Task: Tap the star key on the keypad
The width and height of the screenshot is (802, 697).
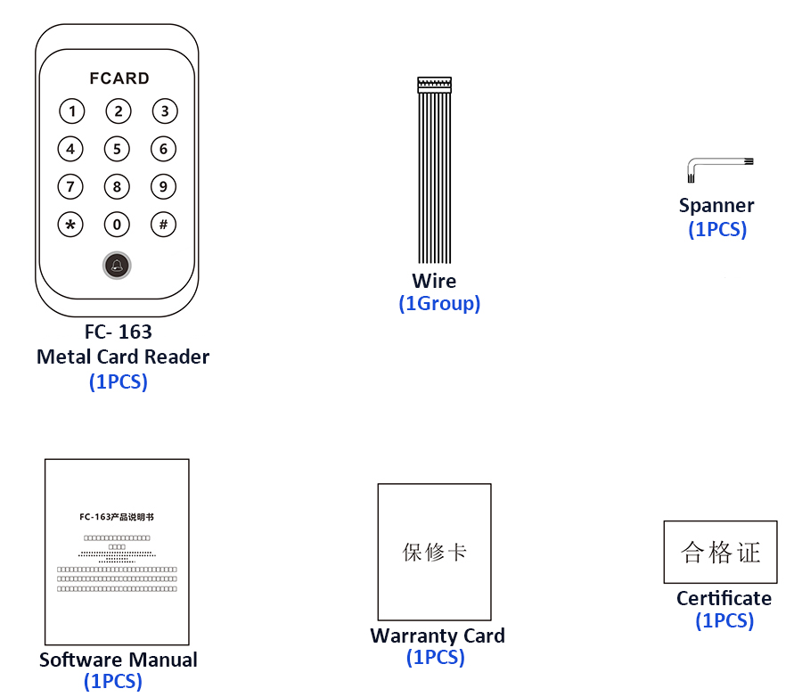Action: (x=70, y=224)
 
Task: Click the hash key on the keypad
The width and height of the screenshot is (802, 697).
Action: (x=163, y=224)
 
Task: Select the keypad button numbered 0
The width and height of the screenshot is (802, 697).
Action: (x=117, y=224)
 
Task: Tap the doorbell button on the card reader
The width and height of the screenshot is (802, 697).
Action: (x=117, y=266)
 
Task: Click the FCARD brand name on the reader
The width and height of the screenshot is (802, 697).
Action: (x=119, y=78)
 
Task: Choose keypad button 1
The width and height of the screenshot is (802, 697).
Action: (x=71, y=111)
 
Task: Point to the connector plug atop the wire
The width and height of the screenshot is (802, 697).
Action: (x=435, y=85)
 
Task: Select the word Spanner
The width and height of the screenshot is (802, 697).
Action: (x=716, y=206)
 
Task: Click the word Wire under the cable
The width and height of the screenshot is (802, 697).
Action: (x=434, y=281)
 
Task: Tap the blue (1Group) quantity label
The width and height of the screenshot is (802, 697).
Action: (x=439, y=304)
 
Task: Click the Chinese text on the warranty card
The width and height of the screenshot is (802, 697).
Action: (x=435, y=552)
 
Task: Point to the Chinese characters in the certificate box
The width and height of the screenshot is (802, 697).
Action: (x=721, y=552)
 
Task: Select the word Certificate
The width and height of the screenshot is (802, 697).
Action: (x=724, y=598)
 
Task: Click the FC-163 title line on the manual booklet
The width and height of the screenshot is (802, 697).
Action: (x=116, y=517)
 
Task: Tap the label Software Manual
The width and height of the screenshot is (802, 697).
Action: (x=119, y=660)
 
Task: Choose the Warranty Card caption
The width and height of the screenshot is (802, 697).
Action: (x=438, y=636)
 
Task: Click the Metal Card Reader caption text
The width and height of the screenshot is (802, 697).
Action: (x=123, y=357)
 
